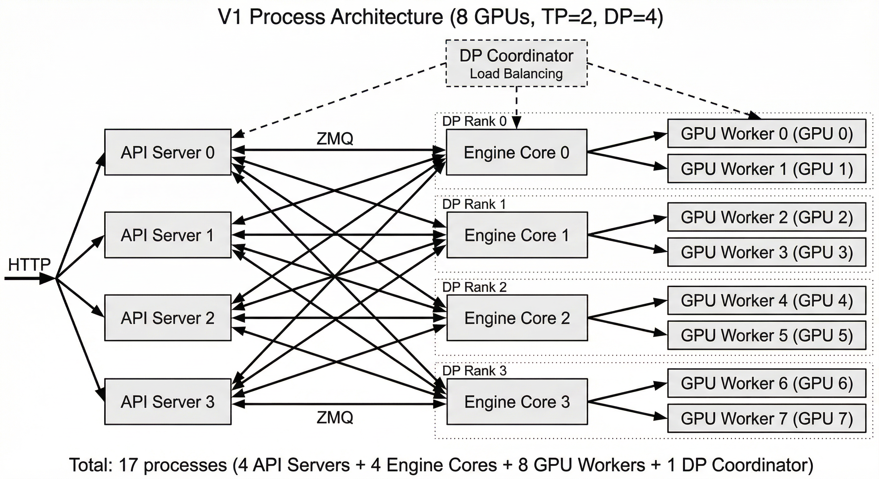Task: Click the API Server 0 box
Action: [168, 152]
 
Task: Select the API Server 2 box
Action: [168, 318]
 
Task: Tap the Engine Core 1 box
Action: [517, 235]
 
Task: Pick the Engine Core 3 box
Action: [517, 401]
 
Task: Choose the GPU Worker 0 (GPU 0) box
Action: [766, 133]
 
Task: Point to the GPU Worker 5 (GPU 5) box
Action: [766, 335]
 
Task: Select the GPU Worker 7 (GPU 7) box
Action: [766, 418]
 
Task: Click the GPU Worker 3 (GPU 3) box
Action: [766, 252]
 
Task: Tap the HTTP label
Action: [29, 264]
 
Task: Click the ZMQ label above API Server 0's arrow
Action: [335, 138]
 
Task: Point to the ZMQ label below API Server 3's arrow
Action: [335, 417]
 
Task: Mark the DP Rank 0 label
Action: [474, 121]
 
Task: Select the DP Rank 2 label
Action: [474, 287]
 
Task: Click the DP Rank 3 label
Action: [474, 370]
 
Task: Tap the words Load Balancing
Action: [516, 74]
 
